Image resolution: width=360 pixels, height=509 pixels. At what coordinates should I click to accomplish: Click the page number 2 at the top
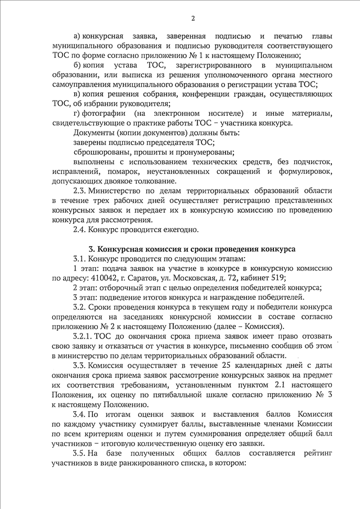point(193,18)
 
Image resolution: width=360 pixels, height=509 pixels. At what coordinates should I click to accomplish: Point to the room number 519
point(278,277)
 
